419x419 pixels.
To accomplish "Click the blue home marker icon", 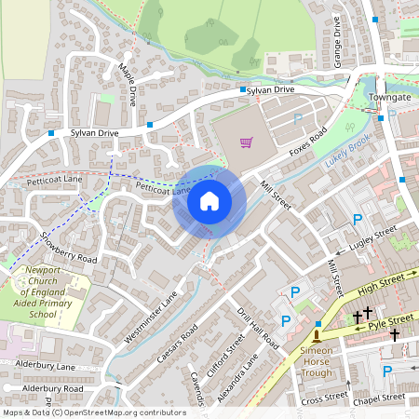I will click(209, 201).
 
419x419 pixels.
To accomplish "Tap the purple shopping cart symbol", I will click(246, 142).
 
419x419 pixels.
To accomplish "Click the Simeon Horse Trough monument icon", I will click(318, 333).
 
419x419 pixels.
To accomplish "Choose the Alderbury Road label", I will click(52, 388).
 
